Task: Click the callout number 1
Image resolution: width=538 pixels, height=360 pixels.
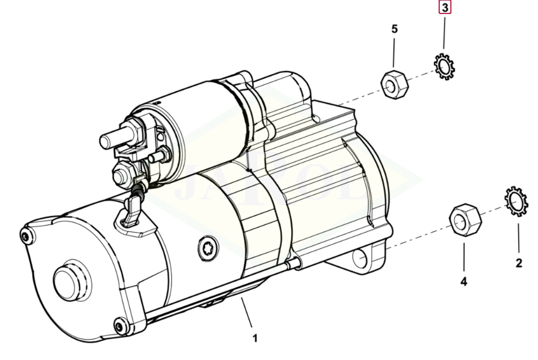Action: click(255, 338)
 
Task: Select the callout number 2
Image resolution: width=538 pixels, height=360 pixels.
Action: click(519, 263)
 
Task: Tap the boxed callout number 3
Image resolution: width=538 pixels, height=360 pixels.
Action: click(445, 8)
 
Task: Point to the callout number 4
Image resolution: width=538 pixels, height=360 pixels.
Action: click(464, 282)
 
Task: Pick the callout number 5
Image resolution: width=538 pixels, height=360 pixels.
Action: click(394, 28)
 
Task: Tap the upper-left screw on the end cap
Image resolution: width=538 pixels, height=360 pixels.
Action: click(25, 236)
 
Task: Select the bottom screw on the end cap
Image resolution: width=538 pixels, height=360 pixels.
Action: click(120, 326)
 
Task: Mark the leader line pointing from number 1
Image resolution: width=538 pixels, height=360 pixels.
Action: click(247, 314)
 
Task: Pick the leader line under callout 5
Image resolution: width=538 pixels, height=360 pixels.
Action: click(394, 53)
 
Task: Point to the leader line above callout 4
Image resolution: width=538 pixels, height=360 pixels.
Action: click(464, 257)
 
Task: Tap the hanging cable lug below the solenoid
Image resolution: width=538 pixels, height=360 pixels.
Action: click(132, 210)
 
